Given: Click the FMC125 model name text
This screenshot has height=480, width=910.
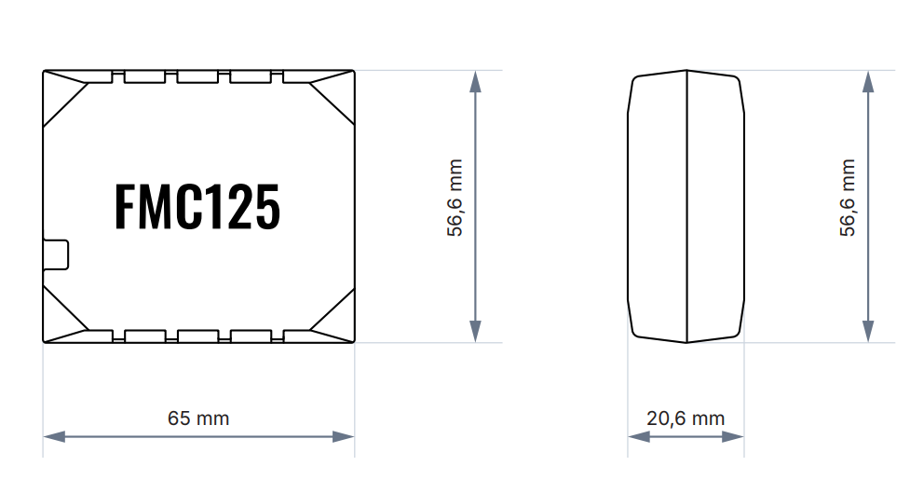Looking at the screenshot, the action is click(x=197, y=207).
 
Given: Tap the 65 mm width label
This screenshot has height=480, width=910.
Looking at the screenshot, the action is click(x=198, y=418).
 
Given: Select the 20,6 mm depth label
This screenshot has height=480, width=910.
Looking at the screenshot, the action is click(x=686, y=418).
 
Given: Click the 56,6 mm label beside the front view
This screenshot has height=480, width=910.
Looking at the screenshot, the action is click(x=455, y=198).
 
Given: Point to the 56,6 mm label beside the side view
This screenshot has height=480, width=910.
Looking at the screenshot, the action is click(x=848, y=198).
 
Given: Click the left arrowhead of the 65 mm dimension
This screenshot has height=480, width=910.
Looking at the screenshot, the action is click(x=54, y=436).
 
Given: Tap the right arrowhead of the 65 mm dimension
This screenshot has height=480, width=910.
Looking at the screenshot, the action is click(x=344, y=436).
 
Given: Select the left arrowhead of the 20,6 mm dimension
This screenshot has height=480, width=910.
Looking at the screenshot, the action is click(x=639, y=436).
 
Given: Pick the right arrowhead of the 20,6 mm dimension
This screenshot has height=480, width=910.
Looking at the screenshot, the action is click(x=733, y=436).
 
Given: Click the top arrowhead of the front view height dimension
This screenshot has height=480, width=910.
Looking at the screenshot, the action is click(x=475, y=82).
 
